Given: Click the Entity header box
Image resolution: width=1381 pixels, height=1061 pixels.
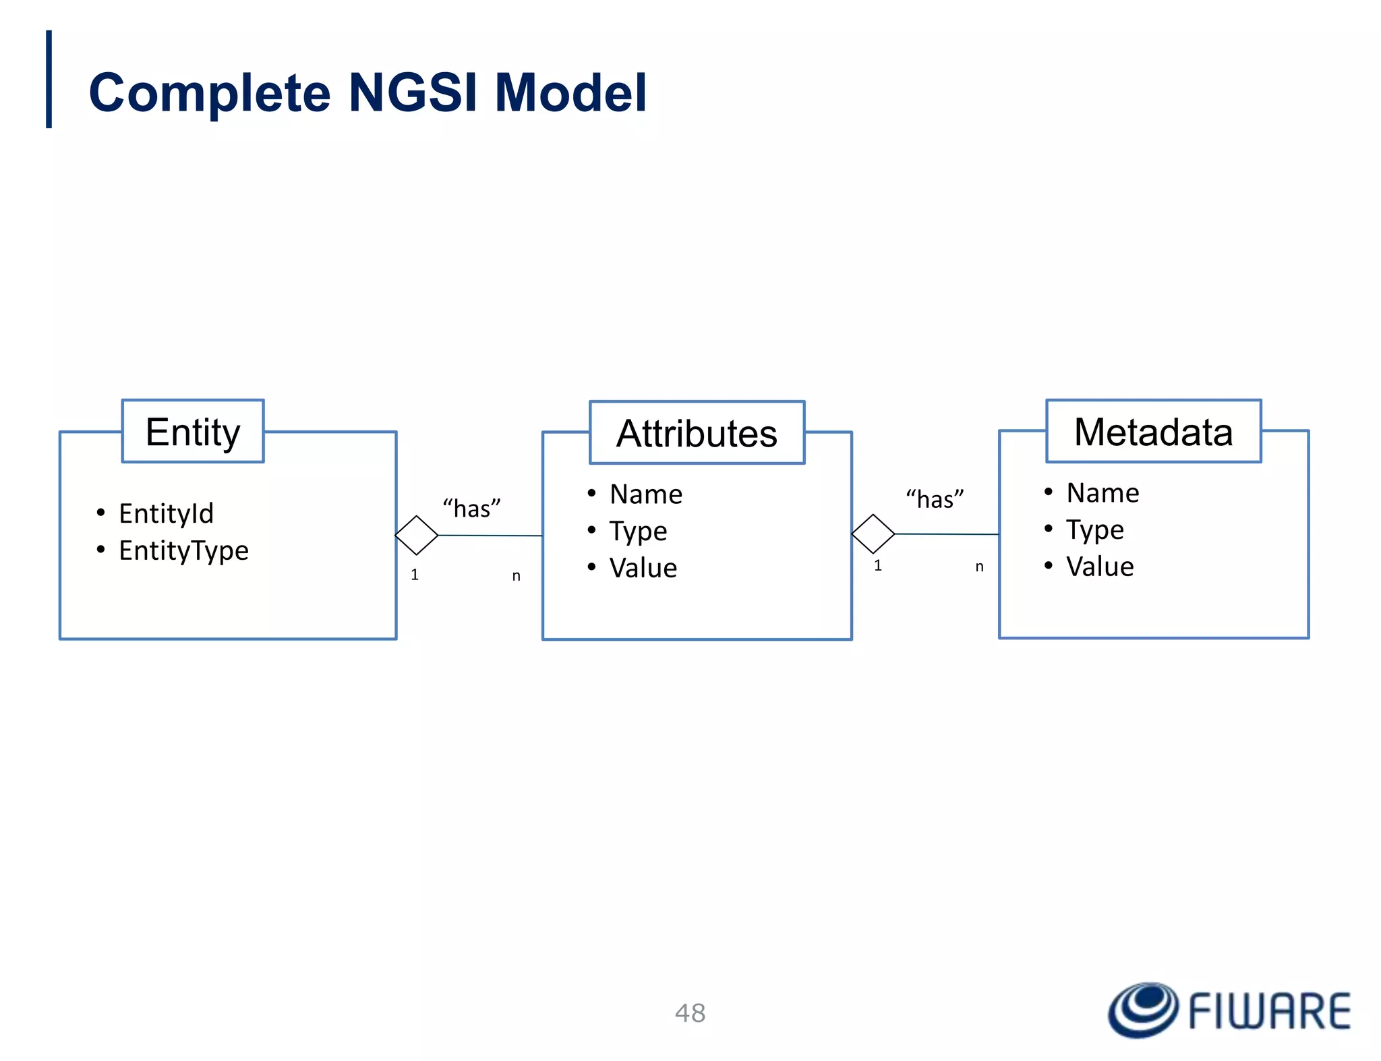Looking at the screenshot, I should [x=193, y=432].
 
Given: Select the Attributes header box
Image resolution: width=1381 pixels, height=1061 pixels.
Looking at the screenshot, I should [x=697, y=433].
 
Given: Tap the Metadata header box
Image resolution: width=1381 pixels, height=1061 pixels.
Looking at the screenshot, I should [x=1153, y=432].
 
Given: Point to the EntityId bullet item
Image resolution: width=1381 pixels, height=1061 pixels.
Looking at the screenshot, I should [x=166, y=513].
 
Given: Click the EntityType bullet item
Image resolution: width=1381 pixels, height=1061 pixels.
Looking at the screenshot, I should [x=183, y=550].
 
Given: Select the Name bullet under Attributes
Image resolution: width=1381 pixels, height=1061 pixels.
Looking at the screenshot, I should [x=645, y=494].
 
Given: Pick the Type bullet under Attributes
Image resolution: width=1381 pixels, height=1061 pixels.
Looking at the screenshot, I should [x=638, y=532].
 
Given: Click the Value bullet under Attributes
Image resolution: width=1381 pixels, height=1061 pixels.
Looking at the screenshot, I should [x=643, y=568].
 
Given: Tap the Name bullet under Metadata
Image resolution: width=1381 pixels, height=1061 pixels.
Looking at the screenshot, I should [x=1103, y=493].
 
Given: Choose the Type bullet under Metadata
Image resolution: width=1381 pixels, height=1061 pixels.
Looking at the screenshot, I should [x=1094, y=530].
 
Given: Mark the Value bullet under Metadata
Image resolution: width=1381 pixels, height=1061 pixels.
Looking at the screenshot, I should [x=1100, y=567].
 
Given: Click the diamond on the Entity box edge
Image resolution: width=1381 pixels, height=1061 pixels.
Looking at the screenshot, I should [x=417, y=536].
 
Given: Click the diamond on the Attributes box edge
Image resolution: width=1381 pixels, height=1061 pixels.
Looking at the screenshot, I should [x=873, y=534].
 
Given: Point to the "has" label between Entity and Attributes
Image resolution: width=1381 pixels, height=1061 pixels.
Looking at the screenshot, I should [x=471, y=509].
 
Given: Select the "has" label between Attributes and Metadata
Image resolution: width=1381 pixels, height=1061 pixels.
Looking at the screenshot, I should [x=935, y=499].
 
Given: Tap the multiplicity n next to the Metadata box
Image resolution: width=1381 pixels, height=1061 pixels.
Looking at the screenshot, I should [x=979, y=567].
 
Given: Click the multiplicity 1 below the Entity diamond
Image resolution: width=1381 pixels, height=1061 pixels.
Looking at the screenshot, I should [x=415, y=575].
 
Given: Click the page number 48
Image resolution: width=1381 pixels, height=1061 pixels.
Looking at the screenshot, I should [x=690, y=1013].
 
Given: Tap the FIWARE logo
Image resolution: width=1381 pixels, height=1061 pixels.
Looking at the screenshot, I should [x=1229, y=1010].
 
